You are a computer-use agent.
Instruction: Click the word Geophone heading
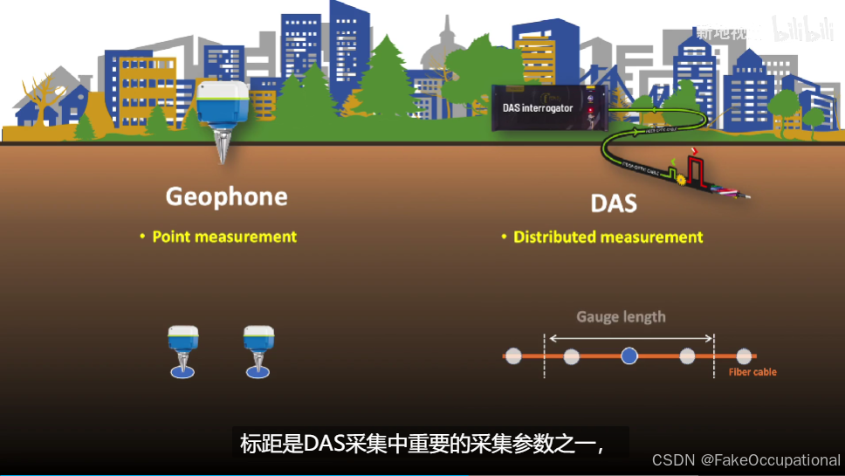[226, 197]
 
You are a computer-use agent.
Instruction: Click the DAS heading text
[613, 204]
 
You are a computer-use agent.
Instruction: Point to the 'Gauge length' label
[621, 317]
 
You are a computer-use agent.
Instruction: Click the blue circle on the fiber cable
[629, 355]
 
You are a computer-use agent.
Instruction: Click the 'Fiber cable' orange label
[752, 372]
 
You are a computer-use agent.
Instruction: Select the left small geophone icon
[182, 349]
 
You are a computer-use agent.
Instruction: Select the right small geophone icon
[258, 349]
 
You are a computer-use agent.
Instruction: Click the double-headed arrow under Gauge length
[629, 336]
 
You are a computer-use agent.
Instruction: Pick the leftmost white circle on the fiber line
[513, 355]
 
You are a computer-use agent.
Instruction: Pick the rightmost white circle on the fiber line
[743, 355]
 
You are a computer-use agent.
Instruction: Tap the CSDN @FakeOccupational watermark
[745, 460]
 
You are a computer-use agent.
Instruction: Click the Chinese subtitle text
[422, 444]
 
